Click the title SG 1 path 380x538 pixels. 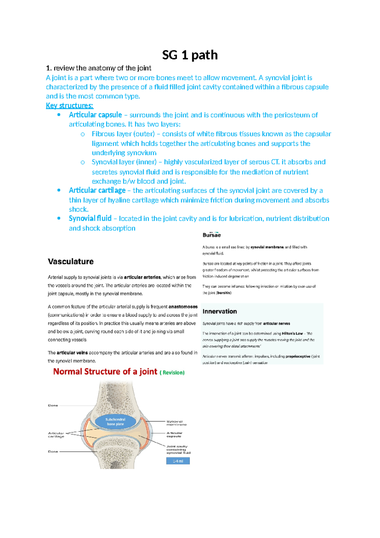[x=190, y=55]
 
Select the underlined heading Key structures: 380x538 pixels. [x=69, y=106]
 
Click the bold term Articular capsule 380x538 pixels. [x=95, y=115]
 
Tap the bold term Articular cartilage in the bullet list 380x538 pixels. [x=97, y=190]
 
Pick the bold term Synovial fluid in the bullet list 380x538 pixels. [x=90, y=219]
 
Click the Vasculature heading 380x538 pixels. [x=71, y=262]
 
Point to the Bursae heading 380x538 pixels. [x=212, y=235]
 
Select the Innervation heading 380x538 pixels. [x=219, y=312]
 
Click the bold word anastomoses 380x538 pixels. [x=183, y=307]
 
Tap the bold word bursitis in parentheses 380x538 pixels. [x=224, y=293]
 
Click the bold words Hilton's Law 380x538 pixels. [x=292, y=333]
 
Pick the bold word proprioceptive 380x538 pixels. [x=298, y=356]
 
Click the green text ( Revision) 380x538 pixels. [x=172, y=373]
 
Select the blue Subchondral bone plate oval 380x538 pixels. [x=115, y=422]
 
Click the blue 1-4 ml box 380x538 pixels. [x=178, y=461]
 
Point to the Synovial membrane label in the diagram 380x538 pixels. [x=176, y=423]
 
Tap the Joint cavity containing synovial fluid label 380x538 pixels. [x=178, y=449]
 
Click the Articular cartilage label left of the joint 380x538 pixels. [x=56, y=435]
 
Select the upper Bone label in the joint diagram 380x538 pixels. [x=53, y=405]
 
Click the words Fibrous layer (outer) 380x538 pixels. [x=123, y=134]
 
